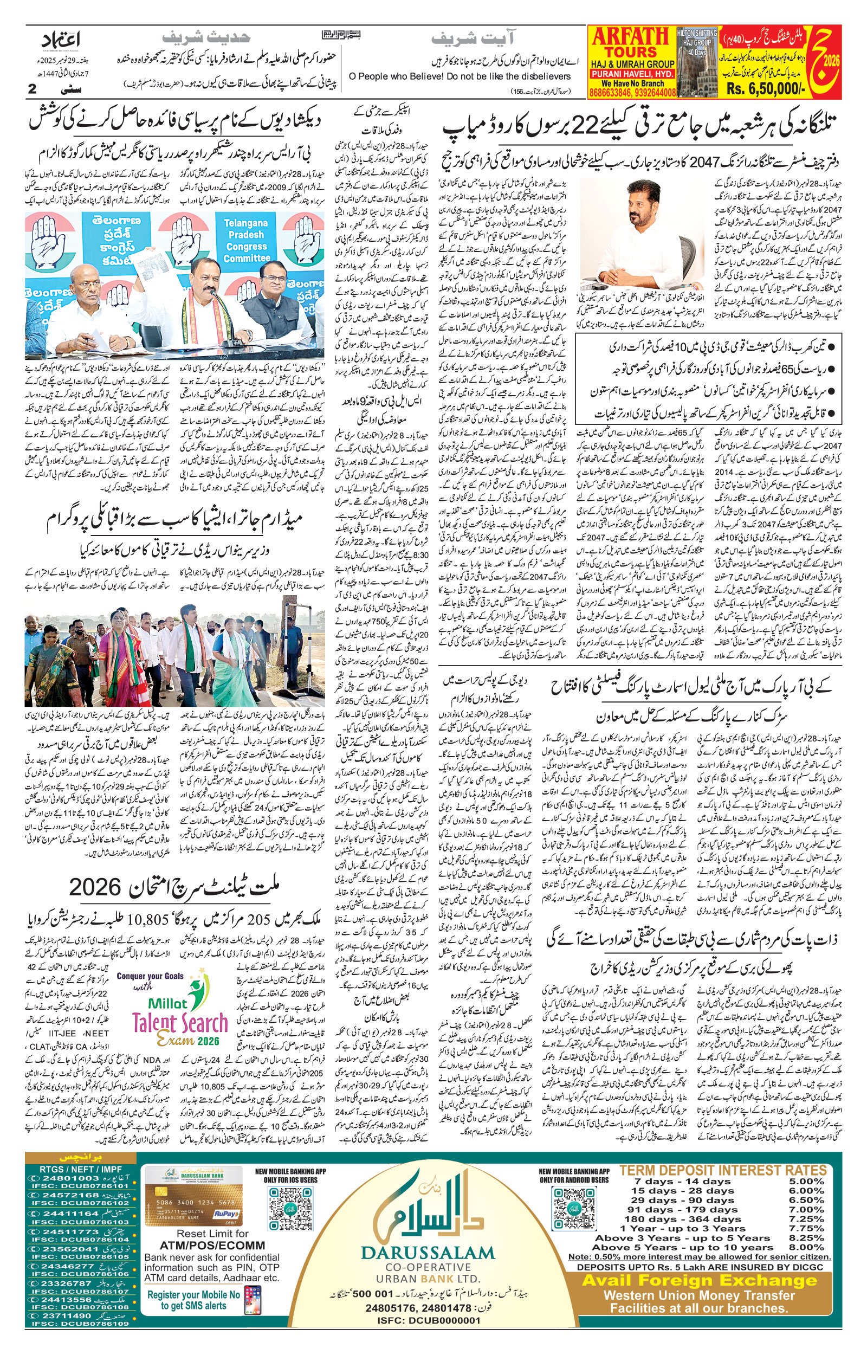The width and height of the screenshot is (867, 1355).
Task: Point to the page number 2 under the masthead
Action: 32,89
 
